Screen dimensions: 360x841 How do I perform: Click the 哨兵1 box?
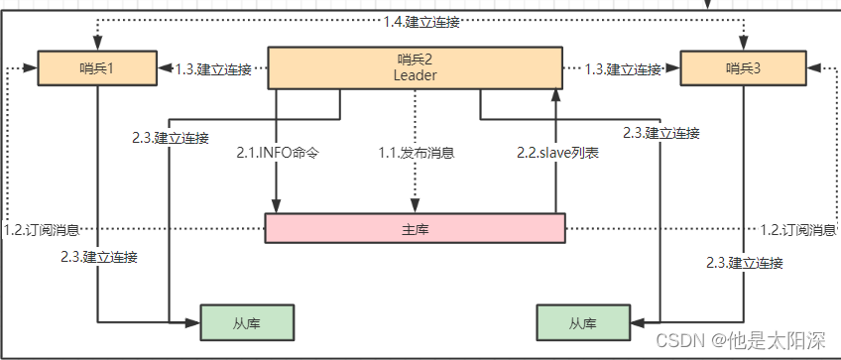pos(97,68)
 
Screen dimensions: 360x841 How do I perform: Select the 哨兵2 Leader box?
pos(415,67)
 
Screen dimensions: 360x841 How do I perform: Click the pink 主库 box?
pos(415,228)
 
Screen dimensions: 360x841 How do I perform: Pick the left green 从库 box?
pos(248,322)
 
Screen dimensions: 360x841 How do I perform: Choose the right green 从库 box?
pos(582,322)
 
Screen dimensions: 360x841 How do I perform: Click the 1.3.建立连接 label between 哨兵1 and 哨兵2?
pos(213,69)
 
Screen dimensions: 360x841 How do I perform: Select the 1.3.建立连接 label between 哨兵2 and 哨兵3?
pos(622,69)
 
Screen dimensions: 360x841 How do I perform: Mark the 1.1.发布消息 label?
pos(416,153)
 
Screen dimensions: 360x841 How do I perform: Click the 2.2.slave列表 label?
pos(557,153)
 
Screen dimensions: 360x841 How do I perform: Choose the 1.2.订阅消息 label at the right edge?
pos(797,229)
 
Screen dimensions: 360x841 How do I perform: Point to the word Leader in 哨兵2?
pos(415,75)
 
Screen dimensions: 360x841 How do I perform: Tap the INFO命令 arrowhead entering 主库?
pos(277,207)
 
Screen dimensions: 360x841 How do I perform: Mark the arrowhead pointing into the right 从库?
pos(636,322)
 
